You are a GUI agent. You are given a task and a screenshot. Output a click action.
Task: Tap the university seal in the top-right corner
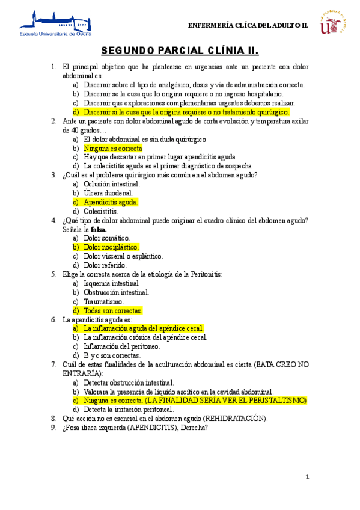coord(335,22)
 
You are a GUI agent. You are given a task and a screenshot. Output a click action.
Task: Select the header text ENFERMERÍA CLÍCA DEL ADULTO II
coord(248,25)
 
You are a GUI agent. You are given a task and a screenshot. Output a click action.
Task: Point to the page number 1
coord(307,477)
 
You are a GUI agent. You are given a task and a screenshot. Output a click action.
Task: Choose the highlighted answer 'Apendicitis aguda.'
coord(111,202)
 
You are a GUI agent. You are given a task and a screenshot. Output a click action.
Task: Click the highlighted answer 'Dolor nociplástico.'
coord(112,247)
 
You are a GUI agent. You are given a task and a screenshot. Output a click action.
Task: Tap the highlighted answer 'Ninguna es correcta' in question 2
coord(113,148)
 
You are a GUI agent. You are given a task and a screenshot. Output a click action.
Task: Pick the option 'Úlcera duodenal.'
coord(108,193)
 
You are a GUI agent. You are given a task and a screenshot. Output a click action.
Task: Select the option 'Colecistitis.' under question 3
coord(102,211)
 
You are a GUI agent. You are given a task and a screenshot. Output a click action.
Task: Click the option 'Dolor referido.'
coord(105,265)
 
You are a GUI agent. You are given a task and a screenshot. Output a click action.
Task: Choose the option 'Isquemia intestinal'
coord(111,283)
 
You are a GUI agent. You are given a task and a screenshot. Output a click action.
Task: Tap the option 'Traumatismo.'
coord(104,301)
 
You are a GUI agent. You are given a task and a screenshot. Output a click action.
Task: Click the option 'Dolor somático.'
coord(106,238)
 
